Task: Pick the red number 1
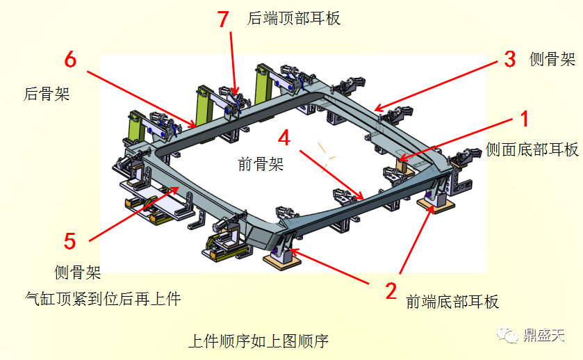(x=525, y=118)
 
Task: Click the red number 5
(x=69, y=241)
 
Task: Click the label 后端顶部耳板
(x=294, y=19)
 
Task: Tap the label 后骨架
(x=47, y=94)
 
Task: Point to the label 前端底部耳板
(x=452, y=301)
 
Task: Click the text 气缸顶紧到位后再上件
(x=102, y=299)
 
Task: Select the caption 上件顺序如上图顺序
(x=258, y=341)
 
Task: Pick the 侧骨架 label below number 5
(x=78, y=272)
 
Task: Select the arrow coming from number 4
(x=331, y=174)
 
